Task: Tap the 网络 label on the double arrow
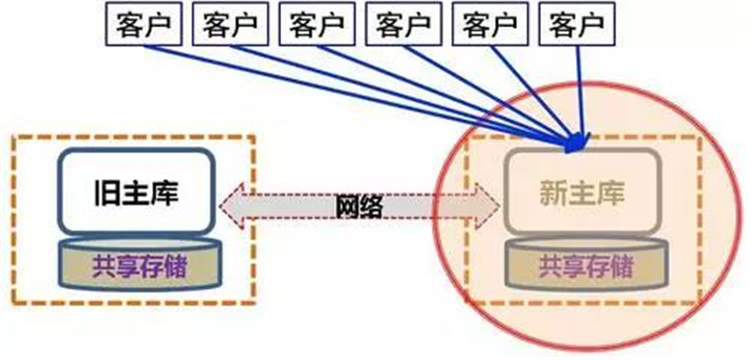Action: click(x=358, y=205)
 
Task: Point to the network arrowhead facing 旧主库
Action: click(x=232, y=205)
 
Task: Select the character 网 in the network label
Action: click(x=347, y=205)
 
